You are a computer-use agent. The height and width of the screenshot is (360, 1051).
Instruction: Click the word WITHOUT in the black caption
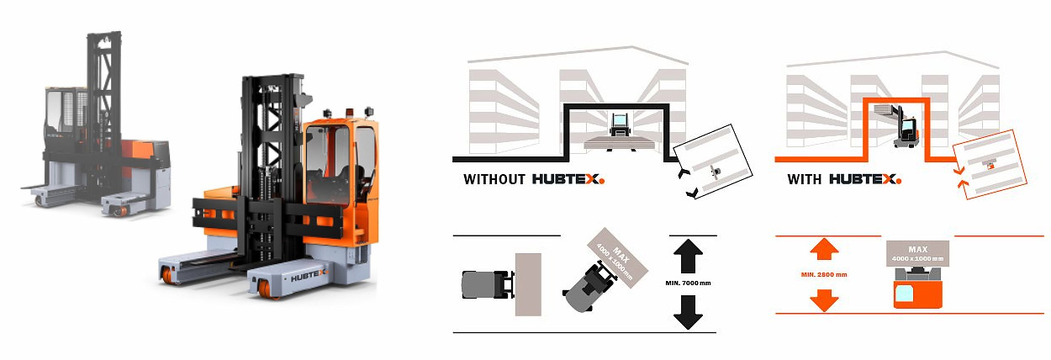(494, 179)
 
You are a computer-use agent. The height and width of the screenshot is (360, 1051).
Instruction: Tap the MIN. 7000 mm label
(689, 283)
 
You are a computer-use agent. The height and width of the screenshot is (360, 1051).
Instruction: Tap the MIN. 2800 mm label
(824, 275)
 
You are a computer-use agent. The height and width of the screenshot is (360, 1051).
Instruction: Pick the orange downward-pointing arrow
(824, 299)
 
